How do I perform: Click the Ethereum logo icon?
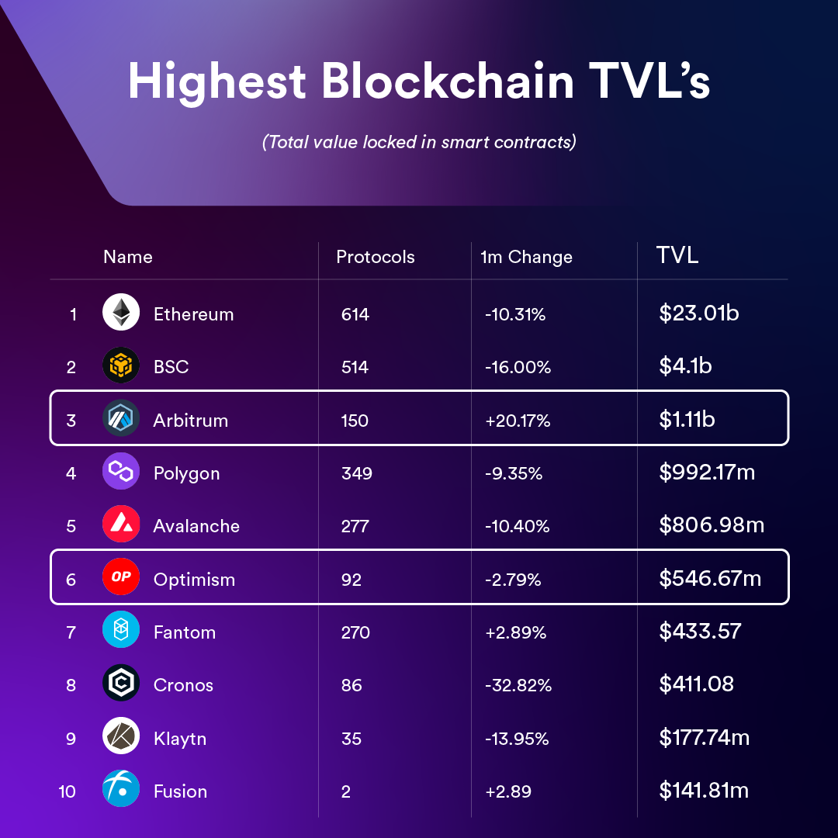click(121, 313)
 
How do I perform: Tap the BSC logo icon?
click(121, 366)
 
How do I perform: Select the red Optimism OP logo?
click(121, 578)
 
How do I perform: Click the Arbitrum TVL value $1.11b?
click(687, 420)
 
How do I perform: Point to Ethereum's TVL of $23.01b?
click(698, 313)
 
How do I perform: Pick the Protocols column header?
click(376, 257)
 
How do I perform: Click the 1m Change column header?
click(526, 258)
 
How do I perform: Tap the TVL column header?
click(677, 255)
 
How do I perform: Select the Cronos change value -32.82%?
click(518, 685)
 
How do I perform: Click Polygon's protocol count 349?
click(357, 473)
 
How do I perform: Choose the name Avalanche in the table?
click(196, 526)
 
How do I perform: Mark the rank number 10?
click(68, 791)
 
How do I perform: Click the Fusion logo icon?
click(121, 790)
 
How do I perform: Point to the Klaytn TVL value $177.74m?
click(704, 737)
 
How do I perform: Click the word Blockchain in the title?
click(448, 81)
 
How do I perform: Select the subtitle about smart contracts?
click(419, 143)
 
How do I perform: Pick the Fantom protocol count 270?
click(356, 632)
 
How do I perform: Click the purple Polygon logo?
click(121, 472)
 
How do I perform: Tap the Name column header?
click(128, 257)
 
